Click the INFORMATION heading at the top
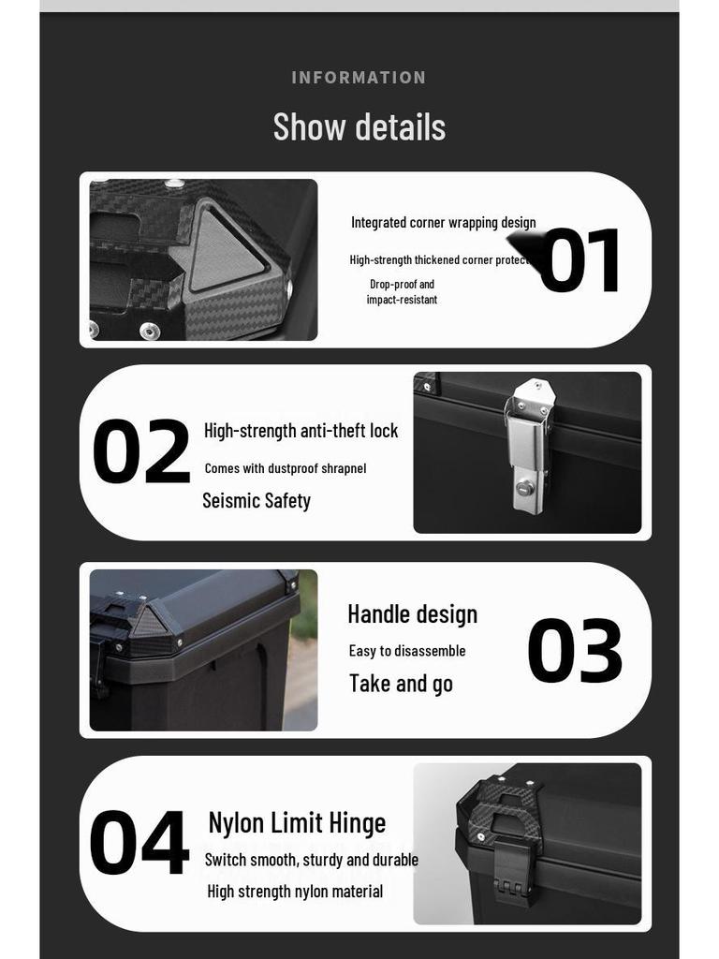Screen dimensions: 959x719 [x=359, y=78]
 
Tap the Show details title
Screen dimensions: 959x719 [x=359, y=127]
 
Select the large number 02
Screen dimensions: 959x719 [x=141, y=452]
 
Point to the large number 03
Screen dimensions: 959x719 [x=575, y=651]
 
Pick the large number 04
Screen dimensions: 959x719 [x=139, y=844]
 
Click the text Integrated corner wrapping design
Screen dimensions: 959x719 [x=443, y=223]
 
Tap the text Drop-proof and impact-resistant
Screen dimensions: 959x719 [x=402, y=291]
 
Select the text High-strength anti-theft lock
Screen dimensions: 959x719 [x=301, y=431]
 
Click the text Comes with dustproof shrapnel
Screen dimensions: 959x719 [x=285, y=468]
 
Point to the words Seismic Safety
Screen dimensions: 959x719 [x=257, y=501]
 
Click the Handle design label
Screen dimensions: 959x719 [x=412, y=614]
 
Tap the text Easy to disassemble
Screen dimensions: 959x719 [x=407, y=651]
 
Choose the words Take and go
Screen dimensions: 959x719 [x=401, y=684]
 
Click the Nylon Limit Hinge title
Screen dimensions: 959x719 [x=297, y=823]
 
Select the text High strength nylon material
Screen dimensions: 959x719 [x=295, y=892]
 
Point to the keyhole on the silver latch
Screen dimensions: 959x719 [x=526, y=487]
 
